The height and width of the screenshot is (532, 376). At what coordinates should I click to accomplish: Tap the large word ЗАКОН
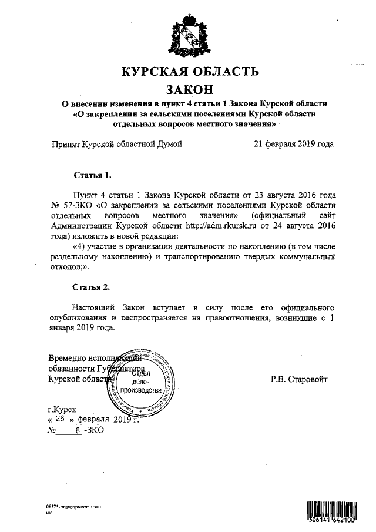pyautogui.click(x=189, y=89)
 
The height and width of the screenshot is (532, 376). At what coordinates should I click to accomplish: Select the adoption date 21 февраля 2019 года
pyautogui.click(x=294, y=143)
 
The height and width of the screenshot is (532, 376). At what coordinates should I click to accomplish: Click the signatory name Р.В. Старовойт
pyautogui.click(x=300, y=379)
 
